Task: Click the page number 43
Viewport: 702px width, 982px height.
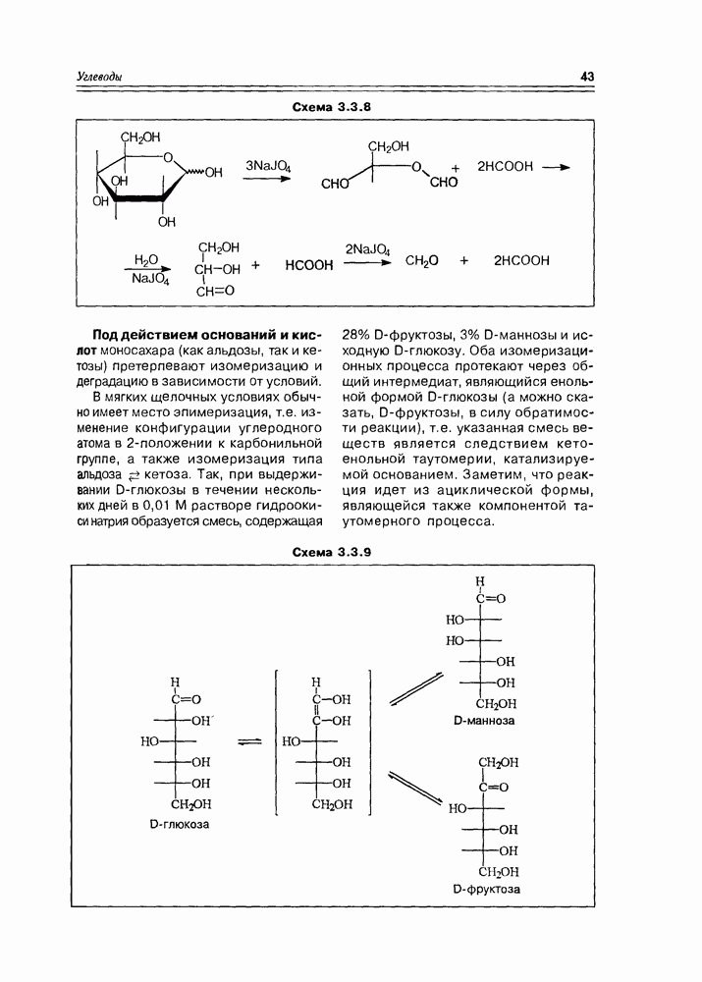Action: (x=588, y=77)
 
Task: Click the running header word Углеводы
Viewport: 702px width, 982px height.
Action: (x=104, y=77)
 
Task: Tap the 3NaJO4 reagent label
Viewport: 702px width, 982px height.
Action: (x=268, y=166)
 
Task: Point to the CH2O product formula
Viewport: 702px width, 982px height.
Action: (x=421, y=261)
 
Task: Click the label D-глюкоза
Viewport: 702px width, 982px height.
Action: (x=179, y=825)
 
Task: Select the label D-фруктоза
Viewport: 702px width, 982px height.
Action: (x=487, y=890)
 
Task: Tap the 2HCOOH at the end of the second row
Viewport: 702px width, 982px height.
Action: (x=521, y=261)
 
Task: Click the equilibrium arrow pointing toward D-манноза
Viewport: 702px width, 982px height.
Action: (x=415, y=687)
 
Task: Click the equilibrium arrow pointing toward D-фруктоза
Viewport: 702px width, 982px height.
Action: (x=415, y=790)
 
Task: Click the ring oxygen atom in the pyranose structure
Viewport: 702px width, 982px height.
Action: (x=169, y=155)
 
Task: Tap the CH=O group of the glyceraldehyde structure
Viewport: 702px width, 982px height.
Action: (x=215, y=291)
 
